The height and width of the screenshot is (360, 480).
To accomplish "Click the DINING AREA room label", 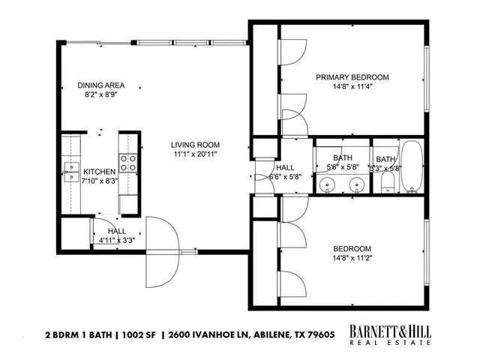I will click(x=100, y=85).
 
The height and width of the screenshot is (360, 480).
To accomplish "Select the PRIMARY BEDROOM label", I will click(x=352, y=77).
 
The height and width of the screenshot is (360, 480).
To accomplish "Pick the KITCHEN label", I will click(x=99, y=171).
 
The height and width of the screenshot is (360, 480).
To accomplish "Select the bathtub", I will click(x=412, y=166).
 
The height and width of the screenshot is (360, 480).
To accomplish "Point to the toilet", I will click(x=388, y=181).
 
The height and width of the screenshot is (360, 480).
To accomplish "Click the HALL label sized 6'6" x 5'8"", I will click(x=285, y=168).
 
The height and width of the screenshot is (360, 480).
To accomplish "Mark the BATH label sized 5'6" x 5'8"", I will click(x=342, y=157).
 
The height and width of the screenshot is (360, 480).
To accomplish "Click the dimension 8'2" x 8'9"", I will click(x=100, y=95).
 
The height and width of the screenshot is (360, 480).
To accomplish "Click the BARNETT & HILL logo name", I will click(x=391, y=329).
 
